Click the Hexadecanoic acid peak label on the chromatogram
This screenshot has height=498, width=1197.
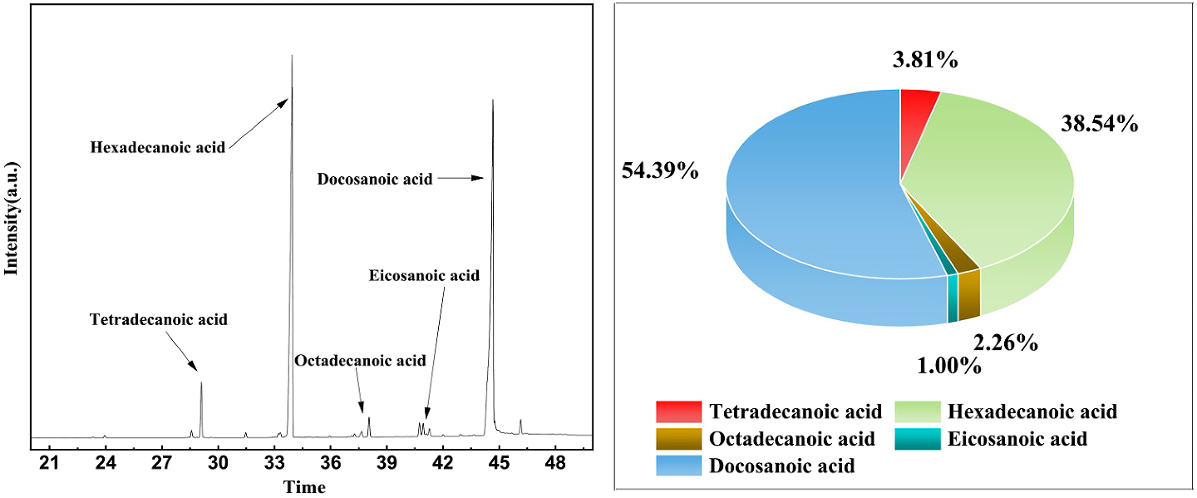[x=158, y=148]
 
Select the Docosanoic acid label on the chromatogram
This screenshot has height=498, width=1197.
[x=375, y=179]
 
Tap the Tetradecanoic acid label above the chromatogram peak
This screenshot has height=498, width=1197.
[x=158, y=319]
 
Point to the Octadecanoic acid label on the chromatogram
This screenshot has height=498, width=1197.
[x=360, y=361]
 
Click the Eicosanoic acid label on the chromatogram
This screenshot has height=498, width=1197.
[x=424, y=275]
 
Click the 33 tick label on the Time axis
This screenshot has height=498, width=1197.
[x=274, y=464]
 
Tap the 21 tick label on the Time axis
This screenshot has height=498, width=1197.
[x=50, y=464]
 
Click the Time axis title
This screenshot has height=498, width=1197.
[x=304, y=487]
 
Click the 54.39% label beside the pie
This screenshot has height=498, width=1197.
[x=660, y=171]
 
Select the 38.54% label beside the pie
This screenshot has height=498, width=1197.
[x=1099, y=125]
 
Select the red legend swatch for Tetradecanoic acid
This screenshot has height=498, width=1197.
[x=677, y=412]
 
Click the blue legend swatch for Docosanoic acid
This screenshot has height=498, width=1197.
[x=677, y=466]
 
